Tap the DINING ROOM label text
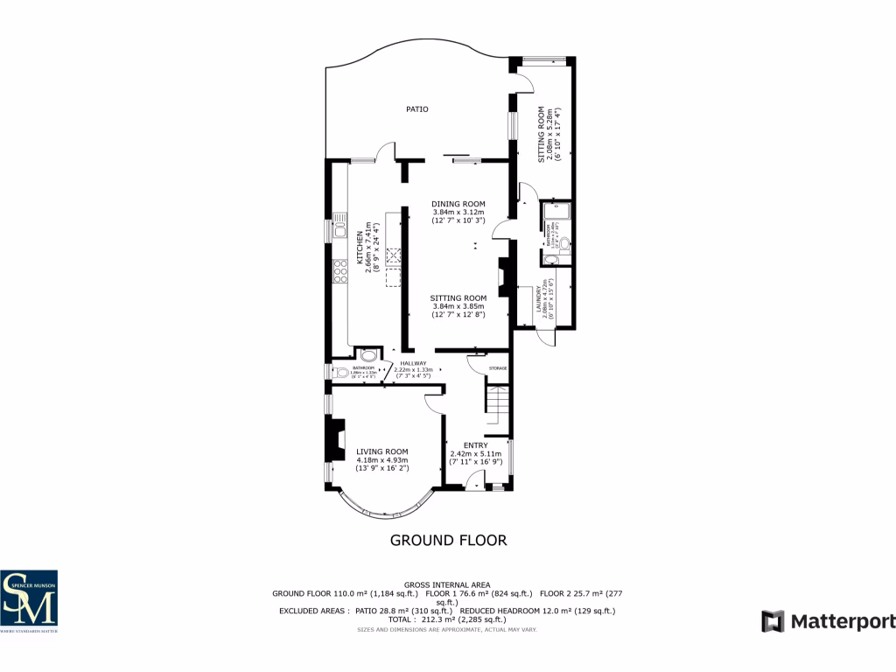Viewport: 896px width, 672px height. click(458, 204)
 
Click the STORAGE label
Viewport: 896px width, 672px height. click(498, 368)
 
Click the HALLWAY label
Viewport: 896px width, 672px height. click(413, 363)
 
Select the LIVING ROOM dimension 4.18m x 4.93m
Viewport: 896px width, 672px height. click(381, 460)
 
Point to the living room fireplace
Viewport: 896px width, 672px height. click(335, 437)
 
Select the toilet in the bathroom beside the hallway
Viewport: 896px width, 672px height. click(339, 372)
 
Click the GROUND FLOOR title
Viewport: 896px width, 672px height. click(448, 540)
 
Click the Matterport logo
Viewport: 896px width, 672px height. click(829, 621)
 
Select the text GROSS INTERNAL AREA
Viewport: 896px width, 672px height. click(447, 584)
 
